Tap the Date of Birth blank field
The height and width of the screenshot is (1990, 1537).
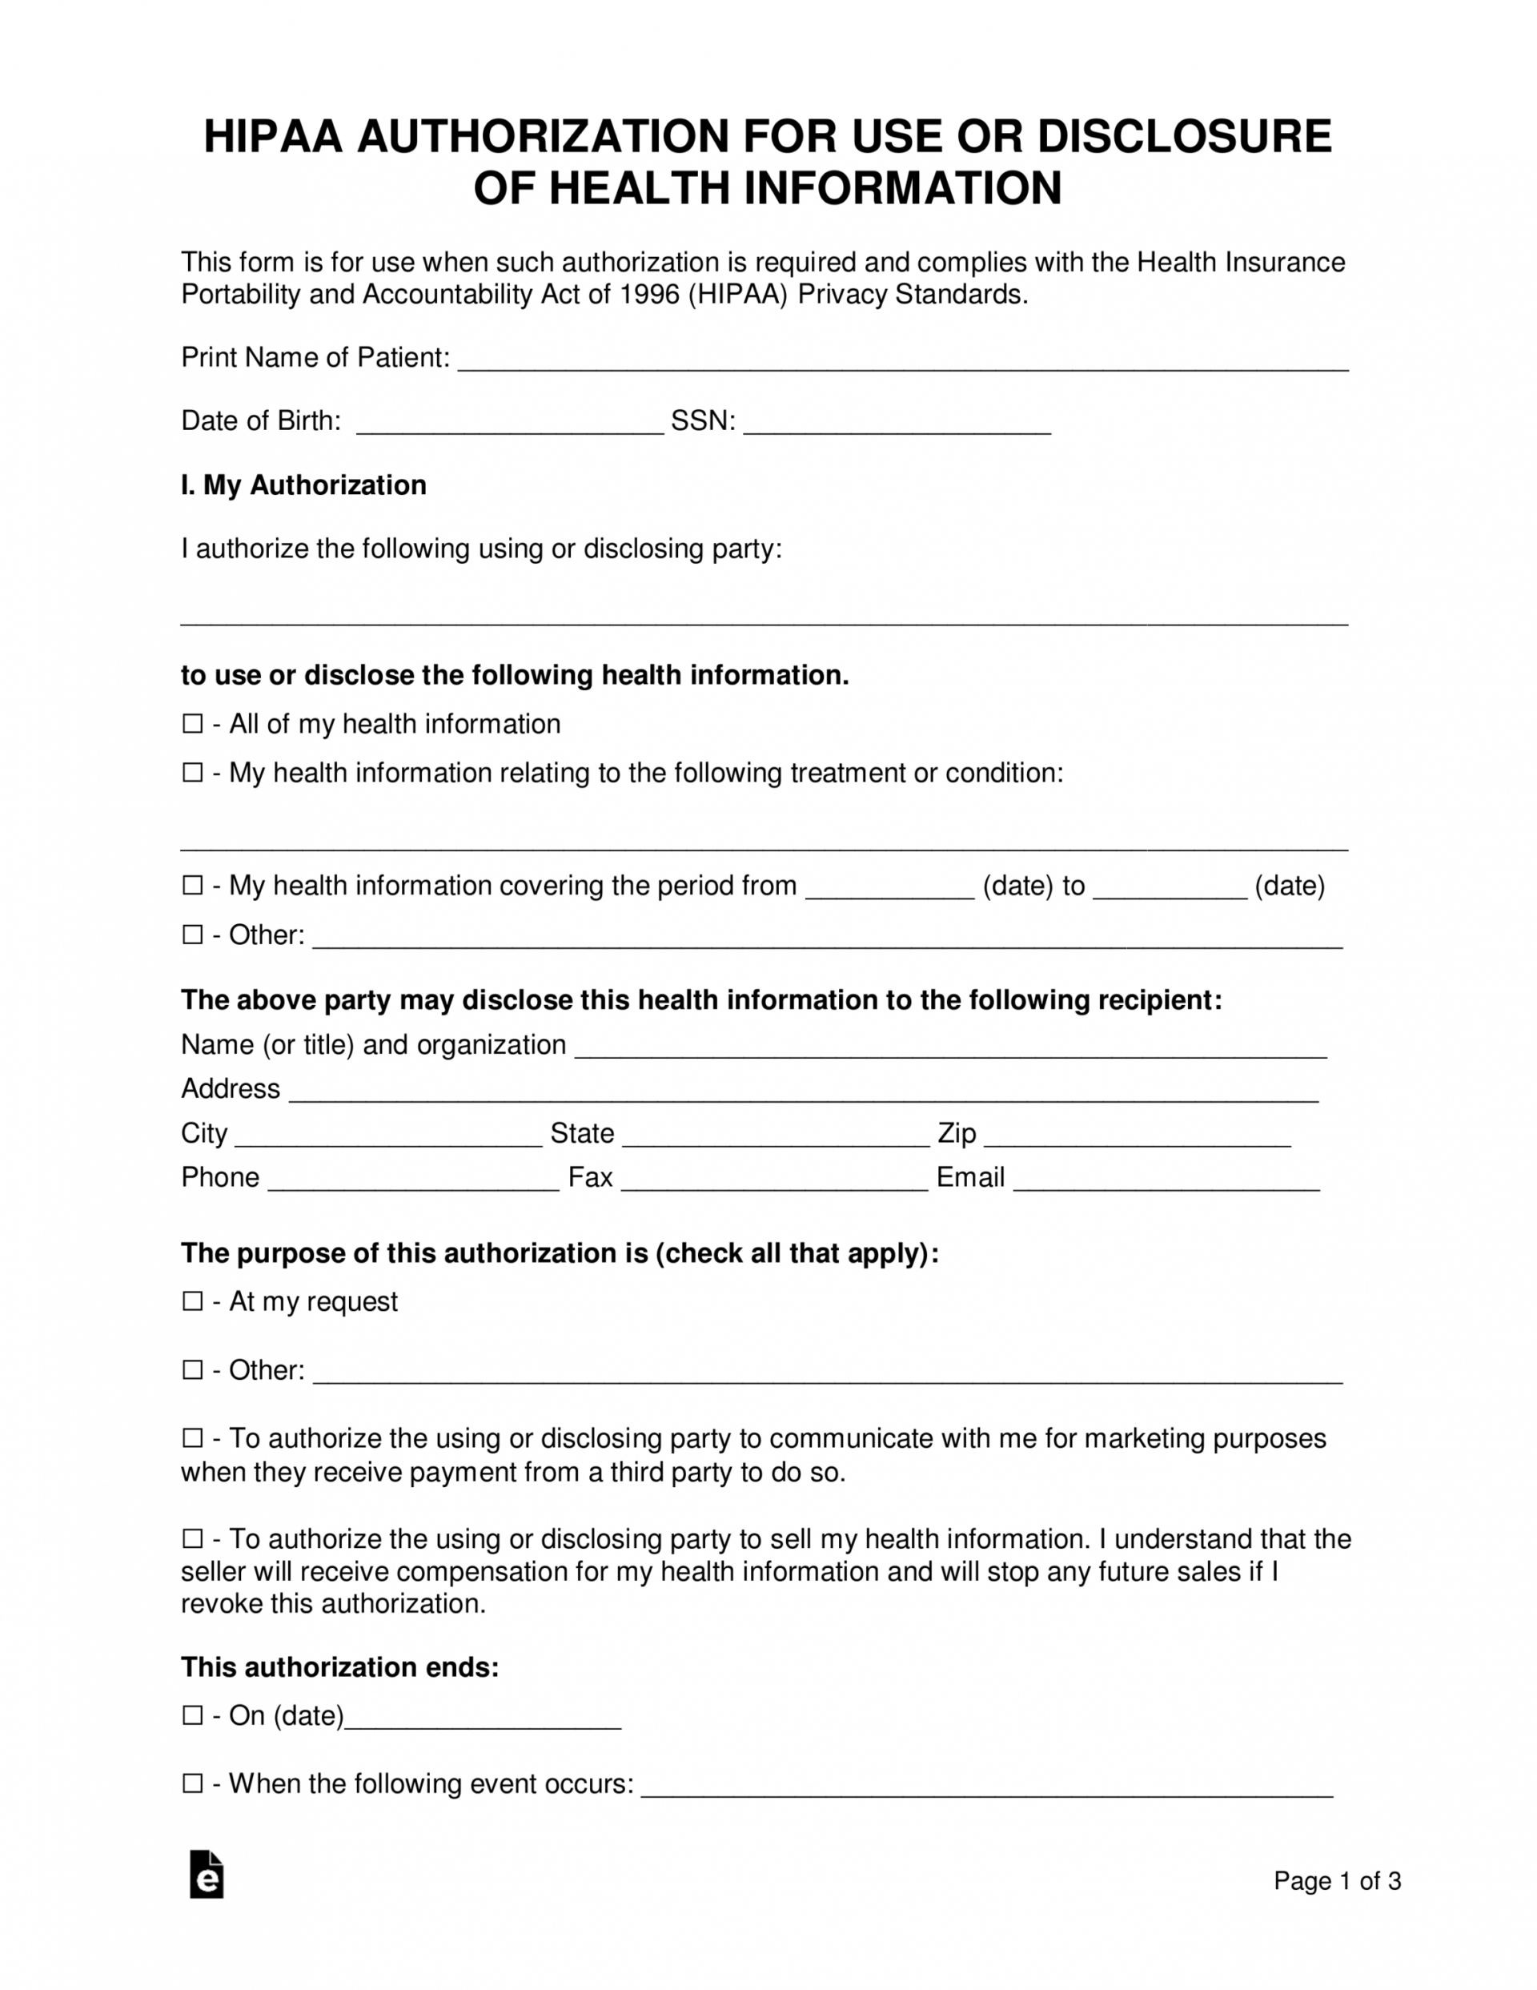[x=509, y=424]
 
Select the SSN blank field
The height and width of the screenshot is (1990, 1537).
[x=897, y=424]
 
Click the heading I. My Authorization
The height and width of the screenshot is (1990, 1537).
[x=303, y=484]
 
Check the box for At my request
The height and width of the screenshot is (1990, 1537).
[x=192, y=1301]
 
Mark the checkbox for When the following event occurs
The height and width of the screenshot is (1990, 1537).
[x=192, y=1783]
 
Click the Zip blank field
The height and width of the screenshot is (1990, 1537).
[x=1137, y=1137]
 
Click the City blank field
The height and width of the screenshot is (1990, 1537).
[x=388, y=1137]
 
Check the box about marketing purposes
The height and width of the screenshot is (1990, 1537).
[x=192, y=1437]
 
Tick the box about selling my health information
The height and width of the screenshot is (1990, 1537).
[x=192, y=1539]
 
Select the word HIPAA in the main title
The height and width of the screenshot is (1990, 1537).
[x=272, y=137]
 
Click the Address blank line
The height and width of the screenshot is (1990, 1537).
[x=803, y=1092]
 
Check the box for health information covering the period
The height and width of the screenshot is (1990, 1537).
[x=192, y=885]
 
